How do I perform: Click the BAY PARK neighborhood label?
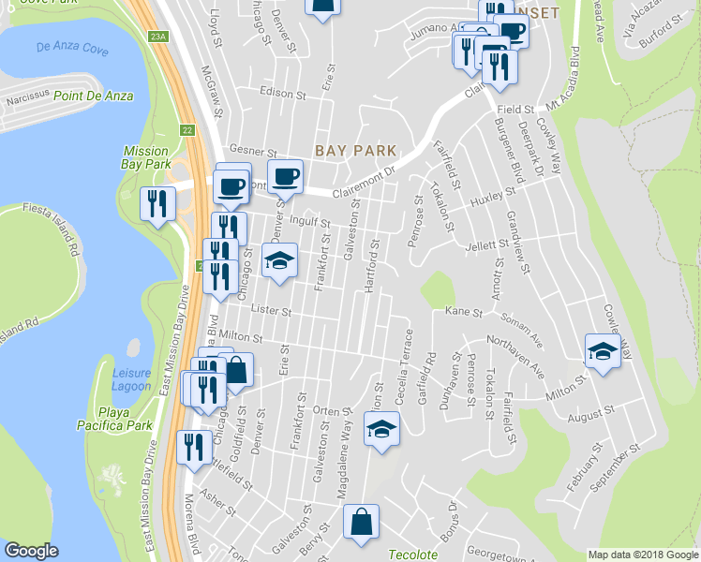355,150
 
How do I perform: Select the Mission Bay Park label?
145,158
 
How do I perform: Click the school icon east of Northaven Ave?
602,351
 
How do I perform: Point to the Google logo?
31,551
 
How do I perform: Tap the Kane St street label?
463,311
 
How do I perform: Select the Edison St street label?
284,95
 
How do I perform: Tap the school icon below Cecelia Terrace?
380,430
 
